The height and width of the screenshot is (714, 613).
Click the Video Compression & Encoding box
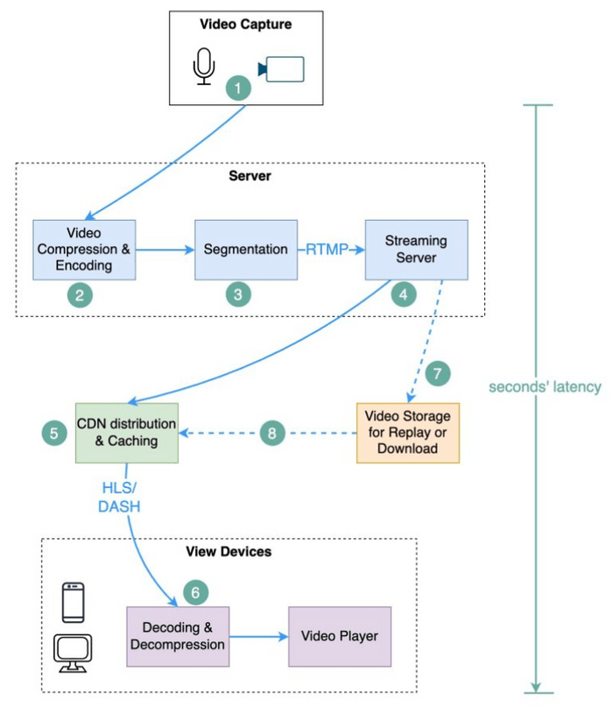coord(84,250)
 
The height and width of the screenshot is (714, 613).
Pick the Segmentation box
coord(245,250)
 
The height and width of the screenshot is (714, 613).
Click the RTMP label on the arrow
coord(325,250)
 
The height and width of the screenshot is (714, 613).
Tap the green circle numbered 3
coord(237,295)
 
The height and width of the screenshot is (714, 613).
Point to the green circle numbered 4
coord(403,295)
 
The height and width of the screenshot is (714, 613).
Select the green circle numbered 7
coord(438,373)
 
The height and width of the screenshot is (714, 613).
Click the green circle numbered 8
coord(272,433)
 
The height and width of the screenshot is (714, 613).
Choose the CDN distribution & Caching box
coord(126,433)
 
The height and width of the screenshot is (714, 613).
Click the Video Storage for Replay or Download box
coord(407,433)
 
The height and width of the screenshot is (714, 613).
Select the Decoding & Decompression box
coord(178,635)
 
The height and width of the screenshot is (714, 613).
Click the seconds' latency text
coord(545,387)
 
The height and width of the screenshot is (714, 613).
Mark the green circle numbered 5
coord(53,432)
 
